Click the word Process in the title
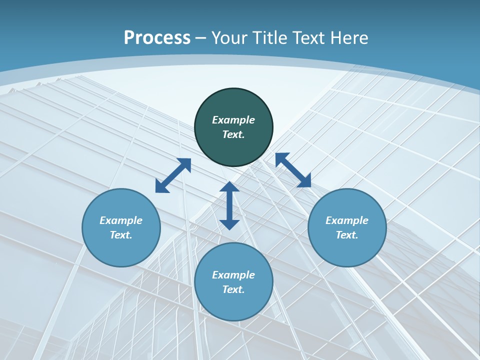click(157, 38)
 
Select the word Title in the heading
click(270, 38)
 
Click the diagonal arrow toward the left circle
click(173, 175)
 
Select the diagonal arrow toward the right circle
click(293, 170)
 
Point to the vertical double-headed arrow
click(229, 205)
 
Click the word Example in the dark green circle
click(233, 120)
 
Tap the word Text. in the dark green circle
click(233, 134)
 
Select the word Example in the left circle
click(121, 220)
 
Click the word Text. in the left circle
click(121, 235)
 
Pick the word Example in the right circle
click(347, 220)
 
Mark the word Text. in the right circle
click(347, 235)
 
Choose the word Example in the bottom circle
click(233, 275)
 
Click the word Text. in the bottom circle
click(233, 289)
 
